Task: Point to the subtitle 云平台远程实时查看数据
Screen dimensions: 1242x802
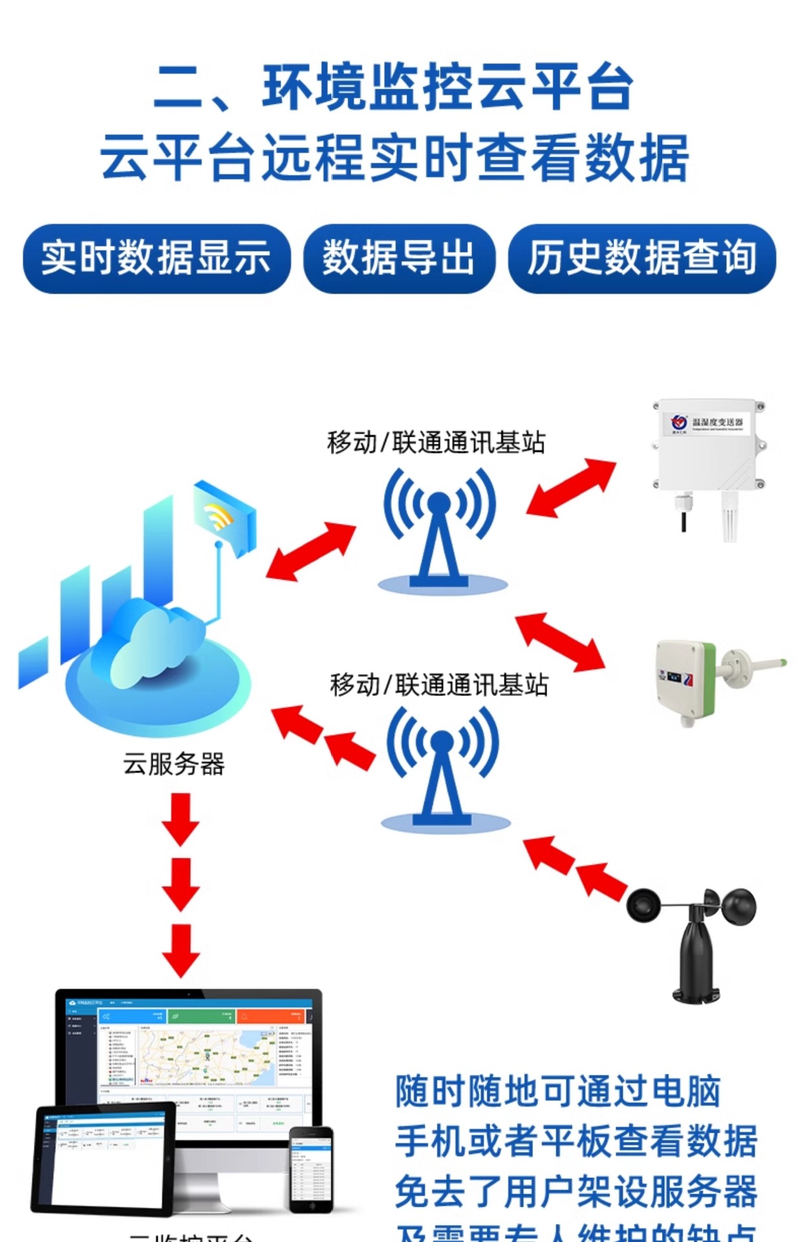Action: (x=395, y=158)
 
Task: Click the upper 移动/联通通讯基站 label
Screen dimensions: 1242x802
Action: (x=437, y=443)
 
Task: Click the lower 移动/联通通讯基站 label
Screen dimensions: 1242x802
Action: (x=439, y=685)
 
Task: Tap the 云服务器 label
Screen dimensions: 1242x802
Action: (x=173, y=764)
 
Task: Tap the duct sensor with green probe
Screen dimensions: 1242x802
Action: (x=711, y=679)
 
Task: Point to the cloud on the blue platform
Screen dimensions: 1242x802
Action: (x=155, y=640)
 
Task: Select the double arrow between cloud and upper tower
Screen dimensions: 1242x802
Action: (x=311, y=550)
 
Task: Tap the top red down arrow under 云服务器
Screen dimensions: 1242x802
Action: (x=180, y=819)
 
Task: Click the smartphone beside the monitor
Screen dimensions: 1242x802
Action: (x=311, y=1168)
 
